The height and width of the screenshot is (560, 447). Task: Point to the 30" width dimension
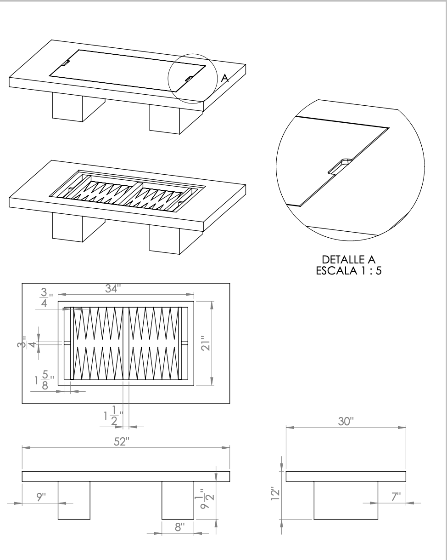click(344, 422)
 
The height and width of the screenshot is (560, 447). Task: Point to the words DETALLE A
click(349, 261)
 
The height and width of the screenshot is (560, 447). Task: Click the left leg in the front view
click(73, 500)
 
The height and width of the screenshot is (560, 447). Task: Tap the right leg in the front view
click(178, 500)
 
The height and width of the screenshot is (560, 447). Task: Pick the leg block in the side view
click(346, 500)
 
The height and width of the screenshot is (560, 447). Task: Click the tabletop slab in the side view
click(346, 476)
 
